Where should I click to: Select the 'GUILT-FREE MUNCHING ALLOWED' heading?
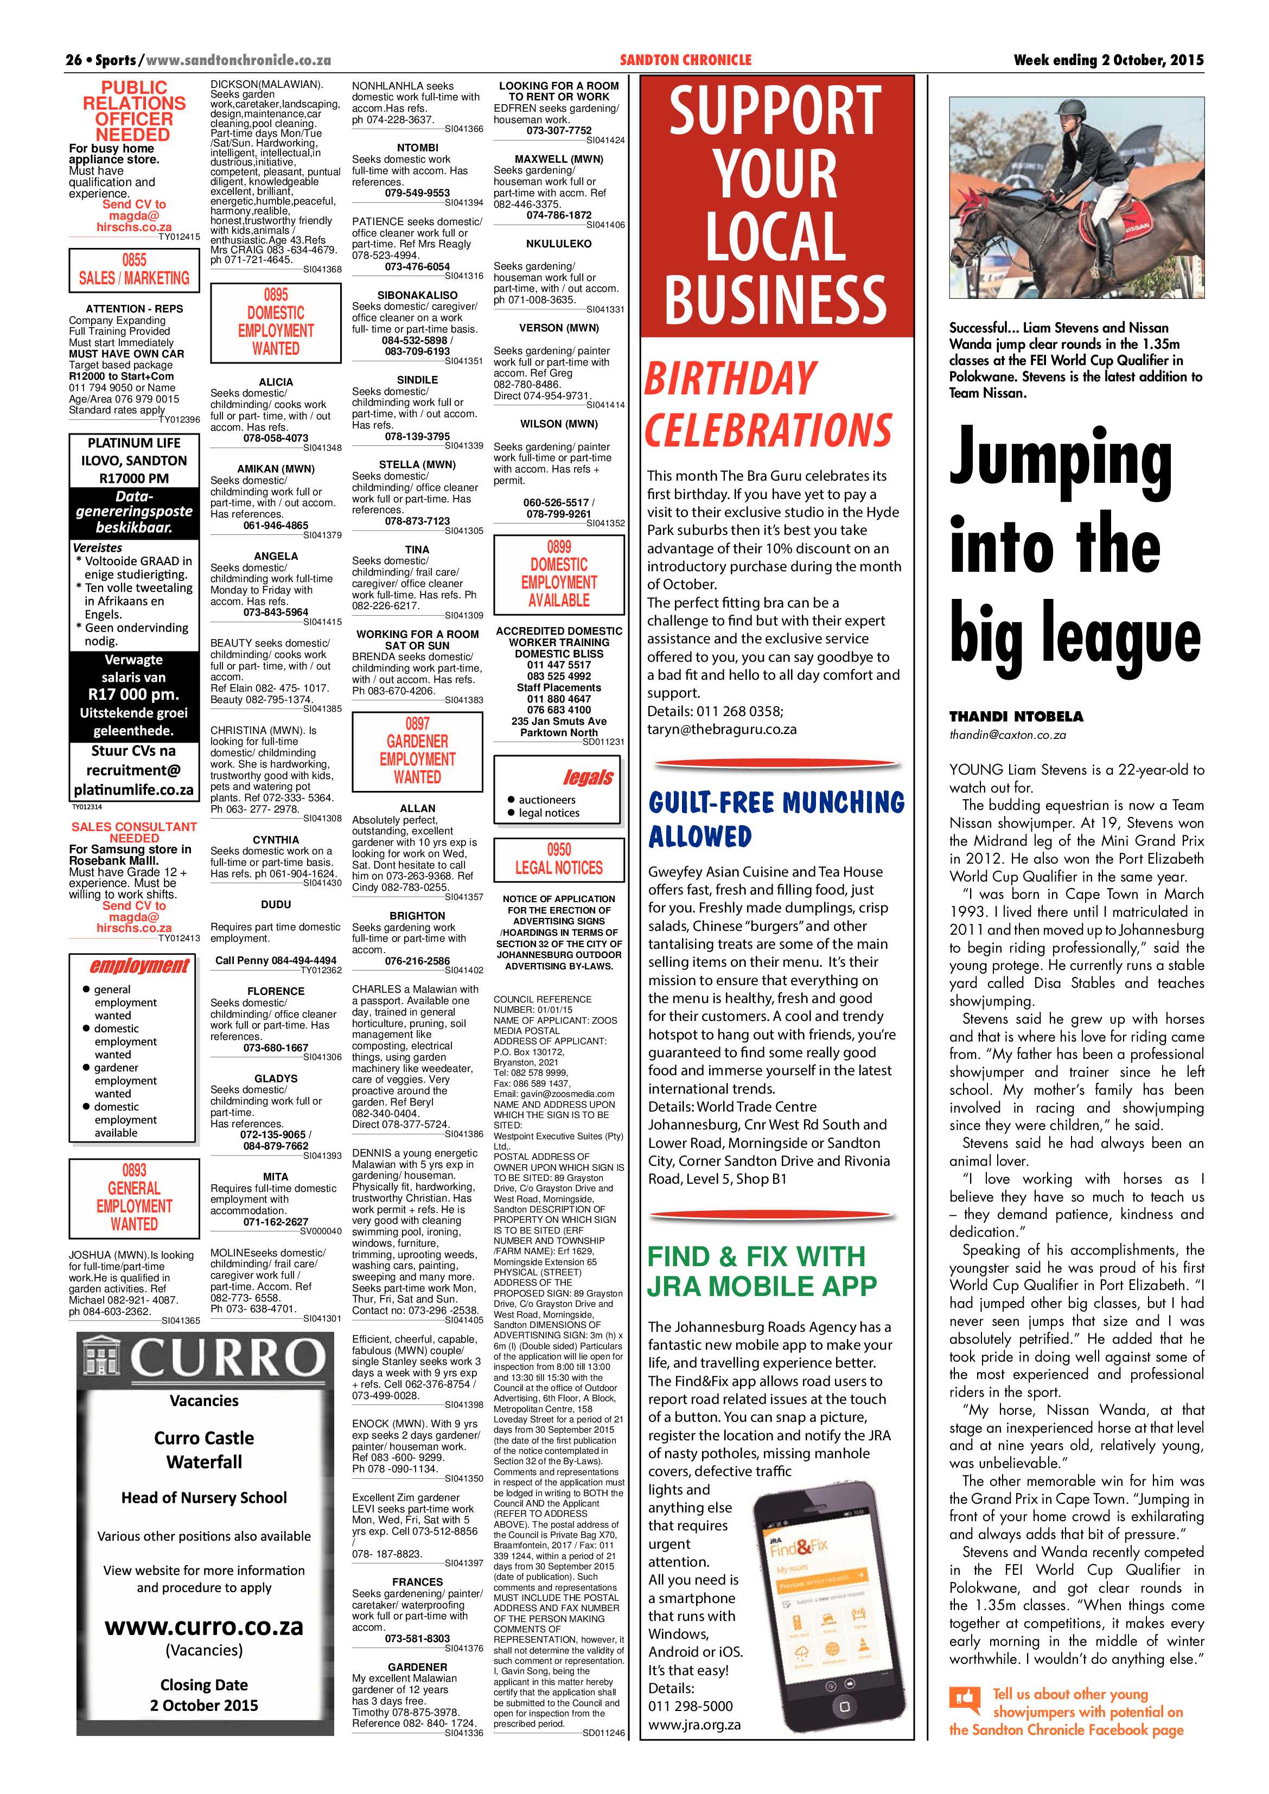(x=776, y=818)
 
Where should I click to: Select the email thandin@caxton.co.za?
(x=1007, y=735)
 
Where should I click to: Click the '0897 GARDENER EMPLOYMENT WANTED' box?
(x=417, y=750)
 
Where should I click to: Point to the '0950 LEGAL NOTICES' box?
(x=559, y=859)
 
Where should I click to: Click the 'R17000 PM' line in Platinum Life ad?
(x=133, y=478)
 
